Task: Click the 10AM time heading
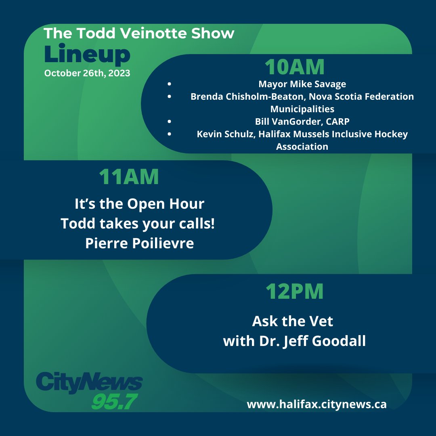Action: coord(294,67)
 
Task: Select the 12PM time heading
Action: coord(294,291)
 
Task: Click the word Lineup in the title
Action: coord(87,56)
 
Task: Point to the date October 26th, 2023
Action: coord(87,73)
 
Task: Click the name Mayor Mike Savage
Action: coord(302,84)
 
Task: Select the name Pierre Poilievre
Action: coord(139,244)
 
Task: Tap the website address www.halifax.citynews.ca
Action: coord(317,404)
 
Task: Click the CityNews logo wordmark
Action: coord(89,382)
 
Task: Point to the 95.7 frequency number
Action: coord(114,401)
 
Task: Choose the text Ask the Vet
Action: coord(293,321)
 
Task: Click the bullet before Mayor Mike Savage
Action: coord(169,85)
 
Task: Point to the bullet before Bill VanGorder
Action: coord(169,122)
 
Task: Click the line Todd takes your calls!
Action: coord(138,224)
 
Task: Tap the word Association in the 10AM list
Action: coord(302,147)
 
